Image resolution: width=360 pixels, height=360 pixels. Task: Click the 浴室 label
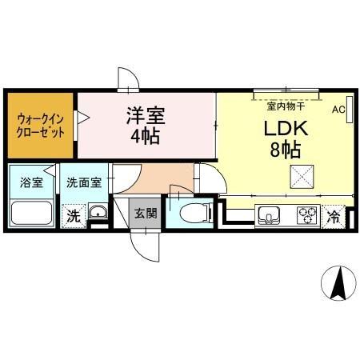tap(31, 182)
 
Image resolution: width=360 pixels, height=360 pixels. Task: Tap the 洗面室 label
tap(83, 182)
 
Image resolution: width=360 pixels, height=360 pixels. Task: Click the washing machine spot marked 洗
tap(74, 215)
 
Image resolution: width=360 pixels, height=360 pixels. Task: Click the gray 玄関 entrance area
tap(145, 213)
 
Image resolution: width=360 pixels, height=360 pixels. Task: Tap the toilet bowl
tap(192, 214)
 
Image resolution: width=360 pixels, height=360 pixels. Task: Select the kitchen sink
tap(268, 215)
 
